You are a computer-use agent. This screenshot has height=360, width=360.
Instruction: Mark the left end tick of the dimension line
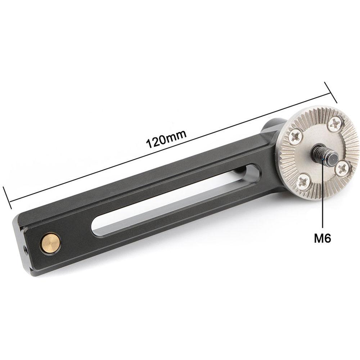tap(8, 197)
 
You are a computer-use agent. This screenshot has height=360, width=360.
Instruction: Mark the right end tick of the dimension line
tap(330, 93)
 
